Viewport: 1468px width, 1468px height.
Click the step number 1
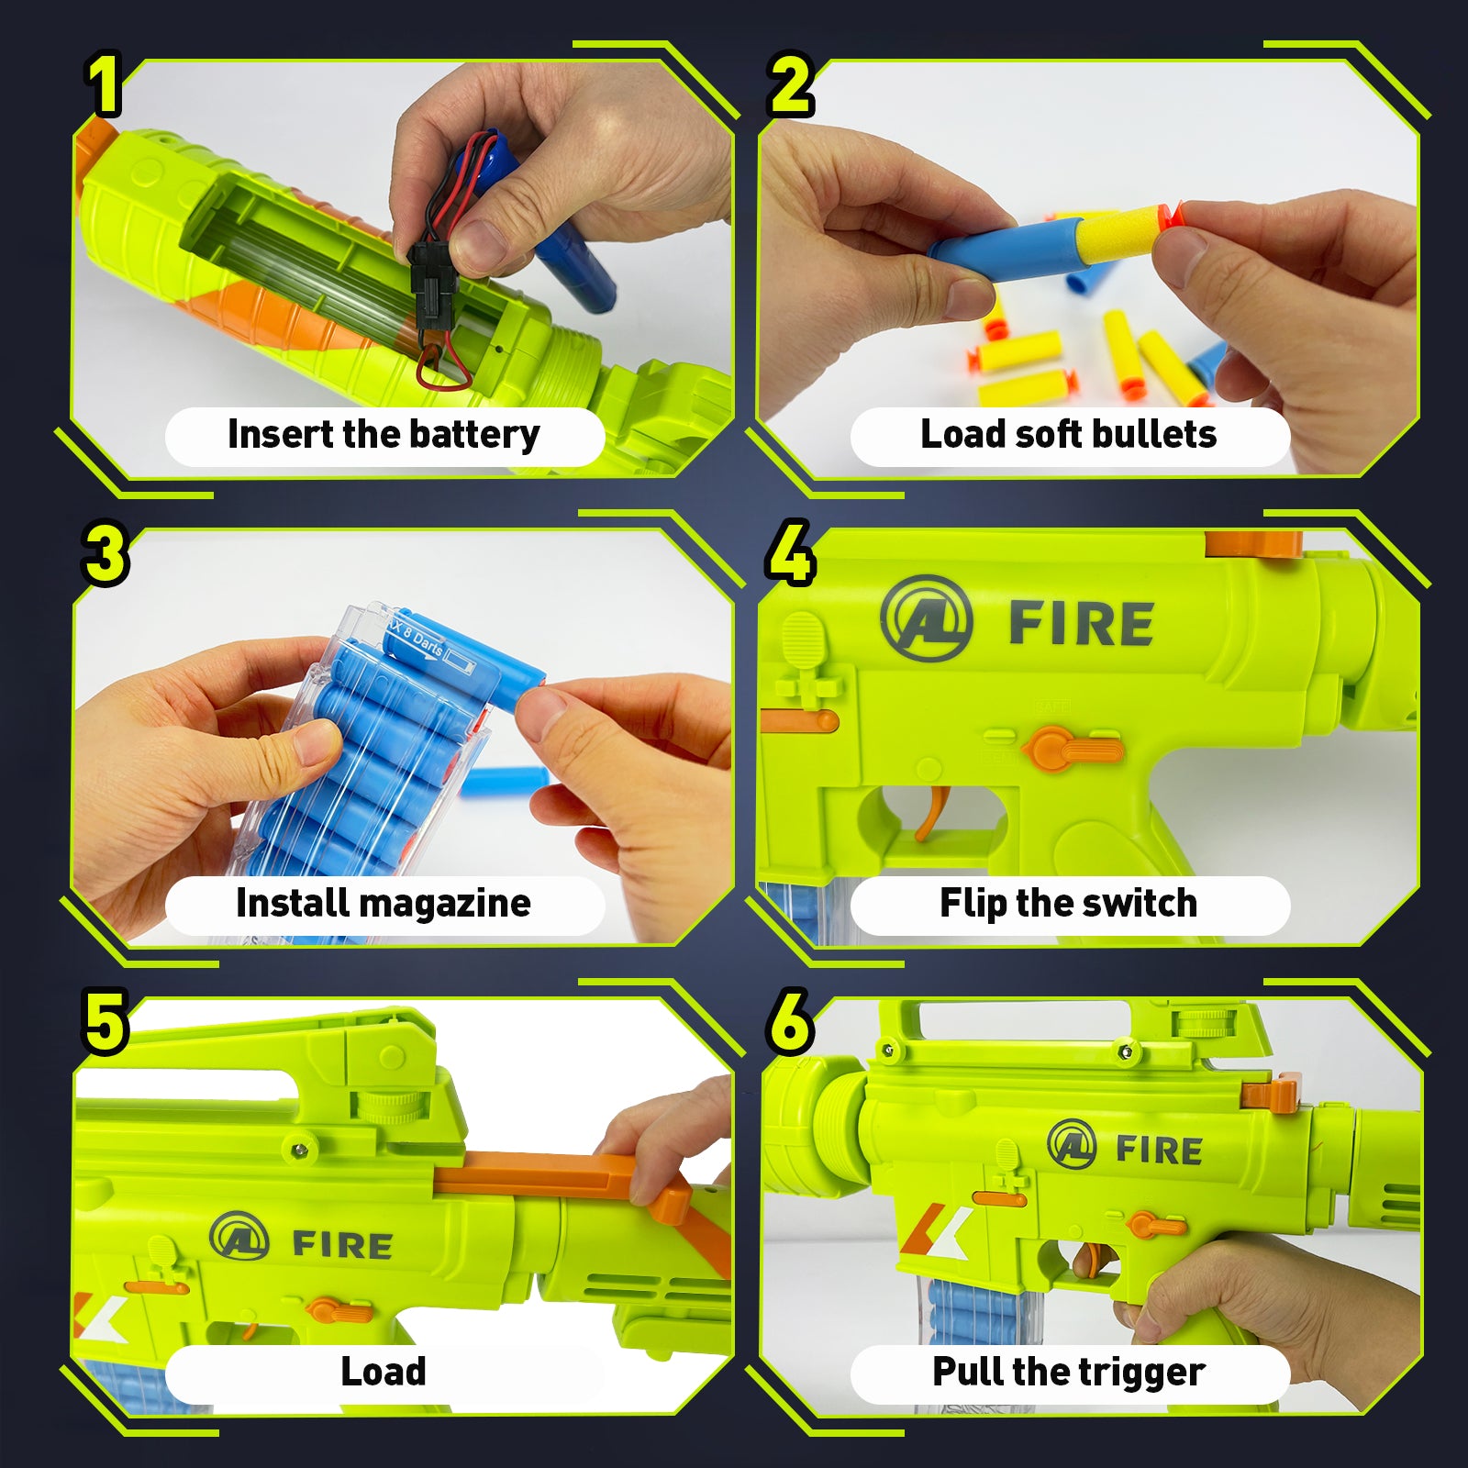coord(105,84)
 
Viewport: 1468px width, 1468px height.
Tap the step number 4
coord(790,552)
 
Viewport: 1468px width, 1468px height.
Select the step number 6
coord(790,1021)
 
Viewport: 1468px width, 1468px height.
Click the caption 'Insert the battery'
coord(384,435)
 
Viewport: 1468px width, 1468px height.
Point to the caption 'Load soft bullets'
coord(1069,434)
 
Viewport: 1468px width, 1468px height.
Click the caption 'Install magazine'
coord(384,904)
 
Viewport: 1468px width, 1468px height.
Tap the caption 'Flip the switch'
coord(1069,904)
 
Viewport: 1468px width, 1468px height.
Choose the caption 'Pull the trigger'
coord(1069,1373)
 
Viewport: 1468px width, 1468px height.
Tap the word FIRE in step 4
coord(1081,624)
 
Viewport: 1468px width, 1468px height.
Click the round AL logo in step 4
coord(926,617)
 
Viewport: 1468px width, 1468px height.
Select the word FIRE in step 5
coord(342,1245)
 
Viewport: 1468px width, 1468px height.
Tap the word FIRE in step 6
coord(1159,1150)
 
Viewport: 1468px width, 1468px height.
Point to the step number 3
coord(105,553)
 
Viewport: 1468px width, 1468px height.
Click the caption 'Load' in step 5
coord(384,1372)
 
